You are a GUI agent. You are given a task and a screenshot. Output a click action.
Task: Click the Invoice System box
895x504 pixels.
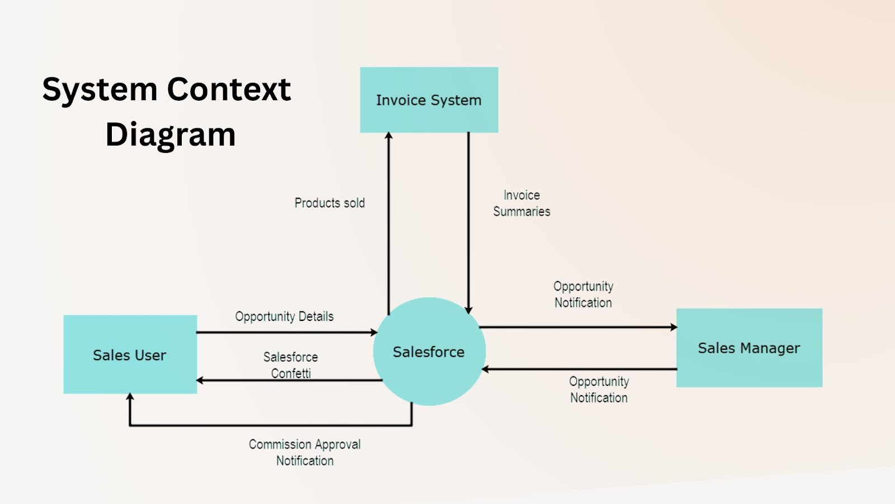[x=429, y=100]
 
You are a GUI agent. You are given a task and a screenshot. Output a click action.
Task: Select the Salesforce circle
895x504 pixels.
[x=430, y=352]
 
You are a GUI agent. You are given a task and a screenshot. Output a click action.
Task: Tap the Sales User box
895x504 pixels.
[x=130, y=354]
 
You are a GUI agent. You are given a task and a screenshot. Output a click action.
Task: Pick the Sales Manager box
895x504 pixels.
[x=749, y=348]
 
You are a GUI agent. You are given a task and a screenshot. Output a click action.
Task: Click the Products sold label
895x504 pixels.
[x=329, y=203]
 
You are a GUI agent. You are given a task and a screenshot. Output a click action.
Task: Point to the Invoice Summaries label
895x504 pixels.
[x=521, y=204]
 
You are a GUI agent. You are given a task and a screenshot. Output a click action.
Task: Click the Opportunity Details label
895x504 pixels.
[x=284, y=316]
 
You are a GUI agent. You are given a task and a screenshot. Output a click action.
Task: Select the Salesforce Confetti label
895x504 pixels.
[x=290, y=365]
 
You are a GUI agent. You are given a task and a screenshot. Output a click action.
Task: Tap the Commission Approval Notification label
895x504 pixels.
[x=305, y=452]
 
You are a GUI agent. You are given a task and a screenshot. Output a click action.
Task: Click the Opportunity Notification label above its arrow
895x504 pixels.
[x=583, y=295]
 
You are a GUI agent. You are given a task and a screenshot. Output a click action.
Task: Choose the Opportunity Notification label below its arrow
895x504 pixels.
[x=599, y=390]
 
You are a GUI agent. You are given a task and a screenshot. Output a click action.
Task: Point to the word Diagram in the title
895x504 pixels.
[x=171, y=135]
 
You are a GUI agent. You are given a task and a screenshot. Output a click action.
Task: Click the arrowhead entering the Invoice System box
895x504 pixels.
[x=388, y=136]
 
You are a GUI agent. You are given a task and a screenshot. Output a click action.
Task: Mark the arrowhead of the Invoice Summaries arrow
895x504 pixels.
[x=469, y=310]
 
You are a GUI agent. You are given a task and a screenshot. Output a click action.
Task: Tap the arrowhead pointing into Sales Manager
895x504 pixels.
[x=673, y=327]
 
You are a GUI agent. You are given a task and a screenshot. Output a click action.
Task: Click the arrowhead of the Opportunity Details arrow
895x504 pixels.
[x=374, y=332]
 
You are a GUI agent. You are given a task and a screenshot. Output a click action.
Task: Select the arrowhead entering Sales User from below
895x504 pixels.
[x=130, y=396]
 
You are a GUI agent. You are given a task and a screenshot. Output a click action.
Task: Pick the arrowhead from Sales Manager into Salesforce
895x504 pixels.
[x=485, y=369]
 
